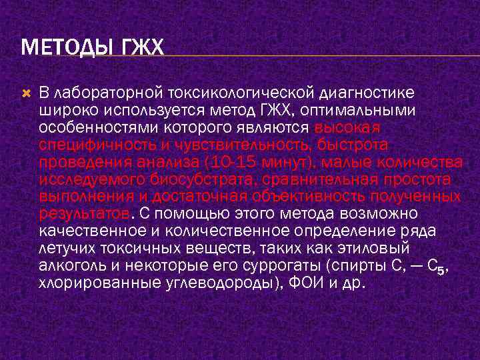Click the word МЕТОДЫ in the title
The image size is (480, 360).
[x=61, y=49]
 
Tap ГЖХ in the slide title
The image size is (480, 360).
[x=139, y=49]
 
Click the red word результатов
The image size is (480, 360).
[x=84, y=214]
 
